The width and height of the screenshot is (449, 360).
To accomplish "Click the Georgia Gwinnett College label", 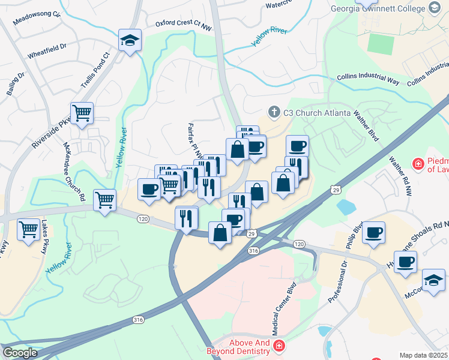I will (x=378, y=8).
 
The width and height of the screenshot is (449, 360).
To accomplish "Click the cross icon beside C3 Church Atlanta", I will (x=274, y=112).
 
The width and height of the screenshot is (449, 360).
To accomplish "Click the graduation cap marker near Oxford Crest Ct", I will (x=130, y=40).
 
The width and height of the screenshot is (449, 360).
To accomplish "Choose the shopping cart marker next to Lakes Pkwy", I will (x=29, y=229).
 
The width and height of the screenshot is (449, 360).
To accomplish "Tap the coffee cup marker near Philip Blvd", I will (x=373, y=232).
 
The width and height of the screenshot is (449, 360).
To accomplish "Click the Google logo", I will (x=20, y=352).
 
